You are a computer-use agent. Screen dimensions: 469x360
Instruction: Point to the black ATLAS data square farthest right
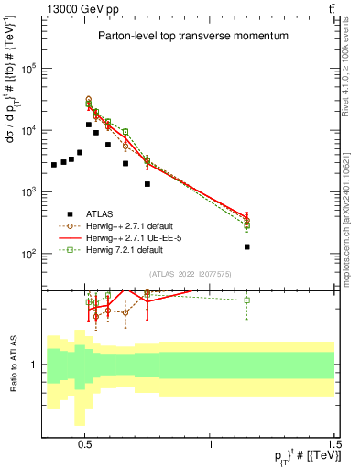click(x=247, y=247)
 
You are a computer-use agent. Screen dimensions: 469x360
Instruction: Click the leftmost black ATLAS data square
click(x=54, y=165)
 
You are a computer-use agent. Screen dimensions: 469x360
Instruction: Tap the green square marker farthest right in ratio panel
click(x=247, y=300)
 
